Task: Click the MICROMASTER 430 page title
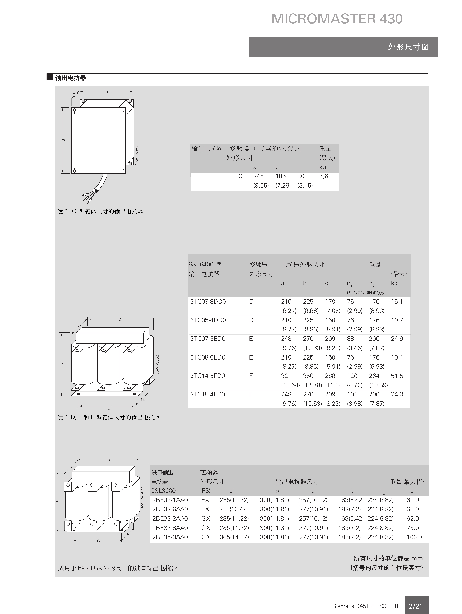(x=337, y=19)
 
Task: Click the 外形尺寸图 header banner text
(x=408, y=47)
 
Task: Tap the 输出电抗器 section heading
(x=71, y=78)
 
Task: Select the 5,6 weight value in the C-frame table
(x=323, y=176)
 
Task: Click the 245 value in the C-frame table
(x=258, y=176)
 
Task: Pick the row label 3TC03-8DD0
(x=208, y=302)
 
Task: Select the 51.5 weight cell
(x=397, y=376)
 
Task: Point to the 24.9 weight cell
(x=397, y=339)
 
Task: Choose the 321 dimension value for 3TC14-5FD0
(x=286, y=376)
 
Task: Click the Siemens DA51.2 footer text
(x=365, y=606)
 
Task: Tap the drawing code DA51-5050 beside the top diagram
(x=137, y=155)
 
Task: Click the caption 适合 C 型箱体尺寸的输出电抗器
(x=100, y=212)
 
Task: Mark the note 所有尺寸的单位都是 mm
(x=388, y=558)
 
